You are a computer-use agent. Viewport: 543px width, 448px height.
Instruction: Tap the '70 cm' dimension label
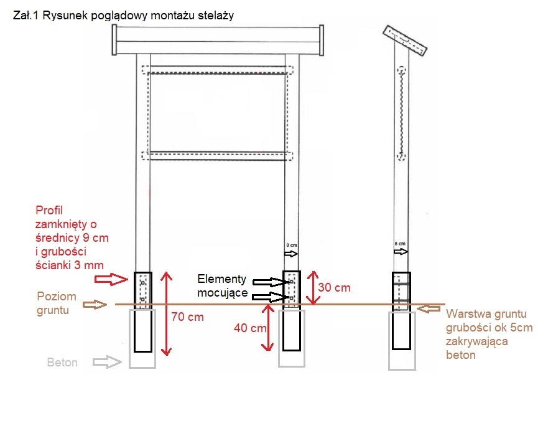187,317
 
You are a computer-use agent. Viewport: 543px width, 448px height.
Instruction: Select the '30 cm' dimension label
334,287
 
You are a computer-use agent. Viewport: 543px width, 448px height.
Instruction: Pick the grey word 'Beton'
62,362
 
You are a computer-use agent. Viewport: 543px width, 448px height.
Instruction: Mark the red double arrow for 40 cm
269,328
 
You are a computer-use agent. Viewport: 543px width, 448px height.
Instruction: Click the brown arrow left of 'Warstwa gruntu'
432,307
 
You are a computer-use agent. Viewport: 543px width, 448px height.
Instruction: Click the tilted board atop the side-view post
406,41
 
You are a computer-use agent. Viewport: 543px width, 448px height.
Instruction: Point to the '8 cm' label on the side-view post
401,243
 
